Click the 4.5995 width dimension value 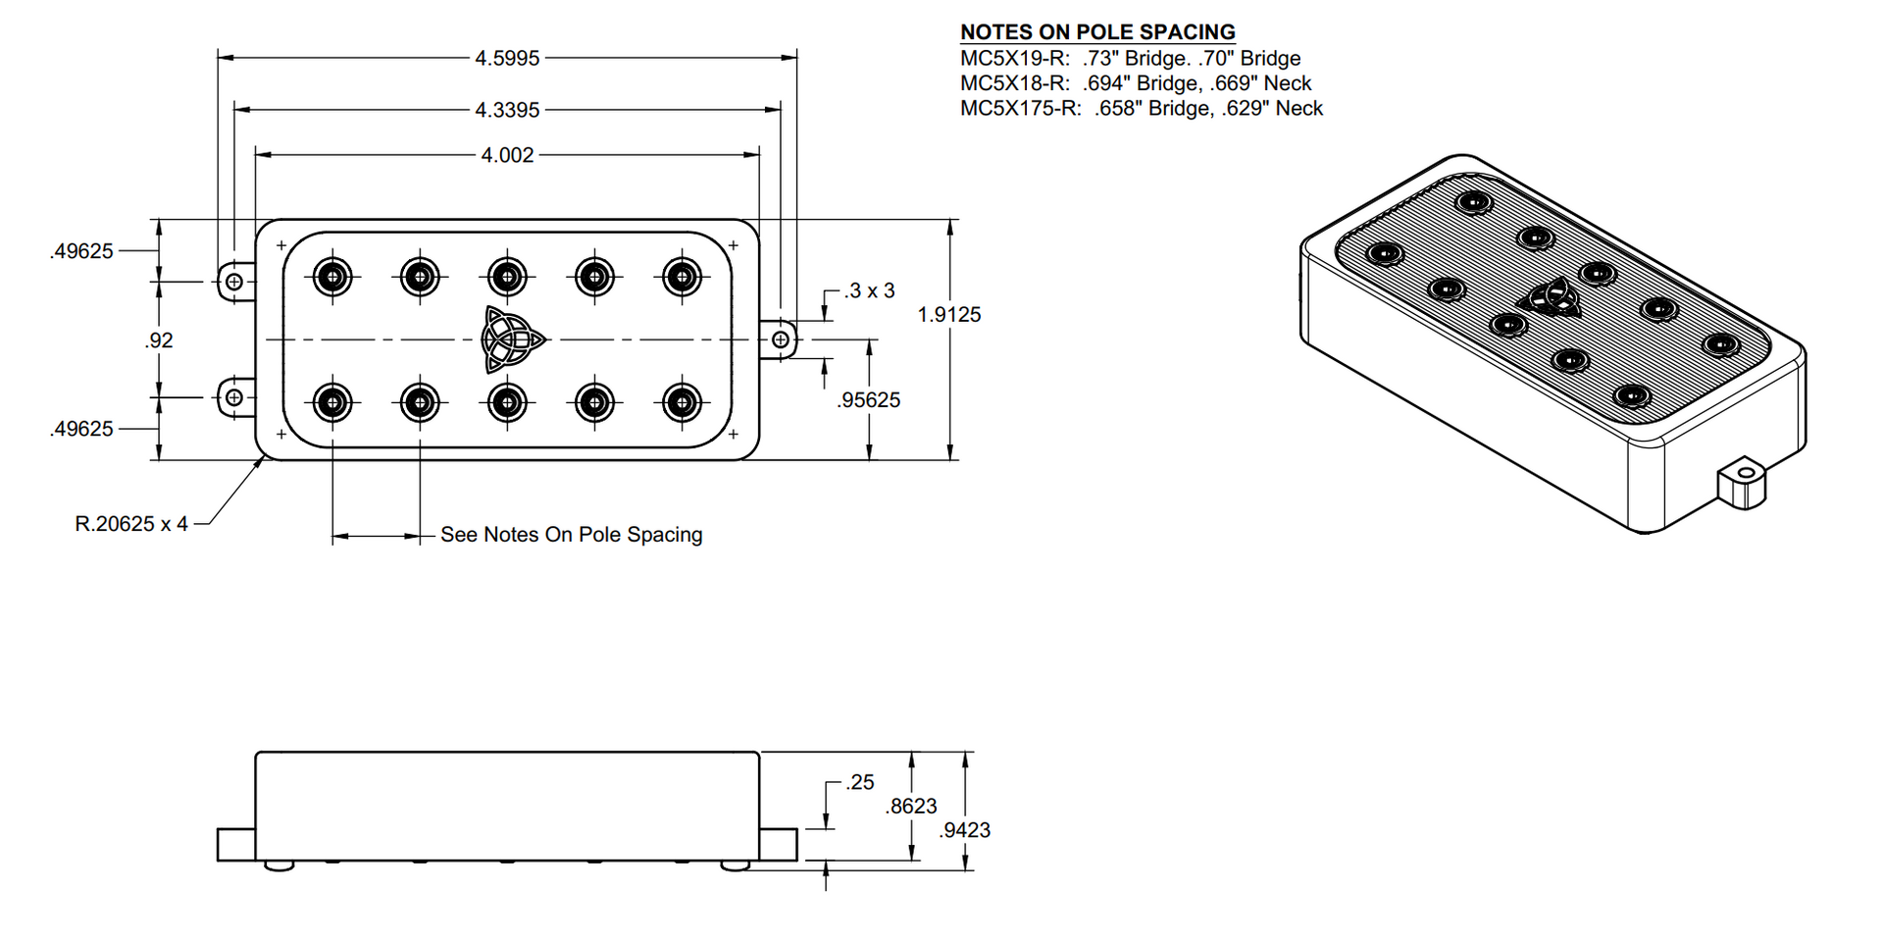click(507, 58)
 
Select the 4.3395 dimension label click(507, 110)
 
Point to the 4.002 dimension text click(507, 155)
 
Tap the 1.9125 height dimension click(949, 315)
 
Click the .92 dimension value click(159, 340)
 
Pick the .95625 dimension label click(869, 400)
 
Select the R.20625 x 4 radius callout click(131, 524)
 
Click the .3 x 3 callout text click(870, 291)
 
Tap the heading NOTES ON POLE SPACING click(1097, 32)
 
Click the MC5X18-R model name click(1014, 83)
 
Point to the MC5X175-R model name click(1020, 109)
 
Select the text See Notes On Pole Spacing click(572, 535)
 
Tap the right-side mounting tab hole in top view click(781, 340)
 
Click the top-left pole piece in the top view click(333, 278)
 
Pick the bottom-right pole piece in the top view click(682, 402)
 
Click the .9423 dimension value click(965, 831)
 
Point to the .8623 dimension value click(911, 807)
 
